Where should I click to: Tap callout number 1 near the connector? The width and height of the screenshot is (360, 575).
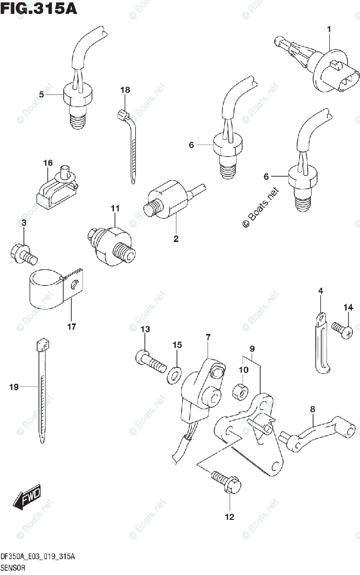[x=329, y=30]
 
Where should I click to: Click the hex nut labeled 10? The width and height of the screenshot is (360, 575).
[x=239, y=391]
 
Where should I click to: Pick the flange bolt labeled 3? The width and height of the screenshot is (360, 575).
[x=22, y=253]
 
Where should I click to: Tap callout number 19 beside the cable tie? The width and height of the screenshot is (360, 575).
[x=14, y=387]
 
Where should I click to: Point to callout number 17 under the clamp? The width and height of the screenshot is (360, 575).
[x=71, y=327]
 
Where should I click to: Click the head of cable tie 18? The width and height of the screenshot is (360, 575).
[x=122, y=115]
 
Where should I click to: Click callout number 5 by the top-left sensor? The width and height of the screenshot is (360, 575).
[x=42, y=95]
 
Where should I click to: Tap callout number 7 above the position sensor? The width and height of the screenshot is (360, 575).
[x=208, y=338]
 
